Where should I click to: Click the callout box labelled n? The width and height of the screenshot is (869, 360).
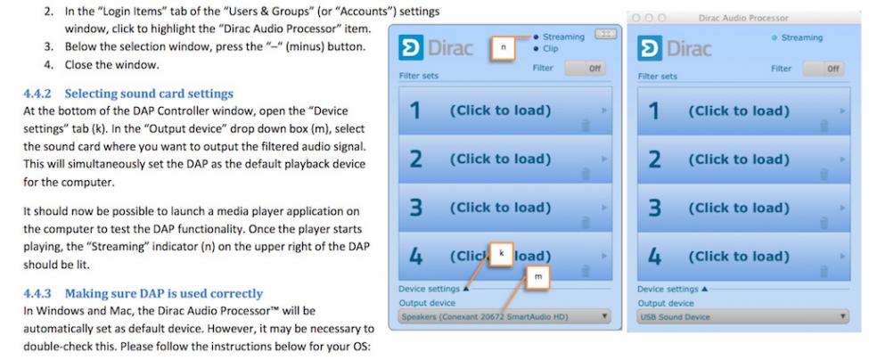(x=504, y=47)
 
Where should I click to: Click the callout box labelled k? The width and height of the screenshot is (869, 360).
(x=502, y=253)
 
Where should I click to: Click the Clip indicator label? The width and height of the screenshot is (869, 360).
(x=550, y=49)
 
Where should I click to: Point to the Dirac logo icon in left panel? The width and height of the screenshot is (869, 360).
(x=411, y=47)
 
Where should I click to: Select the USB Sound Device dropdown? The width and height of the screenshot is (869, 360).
(x=743, y=317)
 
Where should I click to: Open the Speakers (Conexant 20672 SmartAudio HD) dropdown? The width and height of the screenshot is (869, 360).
(x=504, y=316)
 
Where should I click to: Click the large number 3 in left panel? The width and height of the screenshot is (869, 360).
(x=415, y=209)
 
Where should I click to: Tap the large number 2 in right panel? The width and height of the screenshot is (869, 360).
(x=654, y=160)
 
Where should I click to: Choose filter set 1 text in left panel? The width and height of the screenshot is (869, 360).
(x=500, y=110)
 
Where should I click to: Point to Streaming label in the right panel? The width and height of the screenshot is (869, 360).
(x=801, y=37)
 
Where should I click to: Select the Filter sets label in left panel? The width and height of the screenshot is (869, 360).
(x=418, y=76)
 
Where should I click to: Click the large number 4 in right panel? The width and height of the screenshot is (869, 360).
(x=655, y=257)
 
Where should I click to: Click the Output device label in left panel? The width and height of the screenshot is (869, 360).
(x=427, y=303)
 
